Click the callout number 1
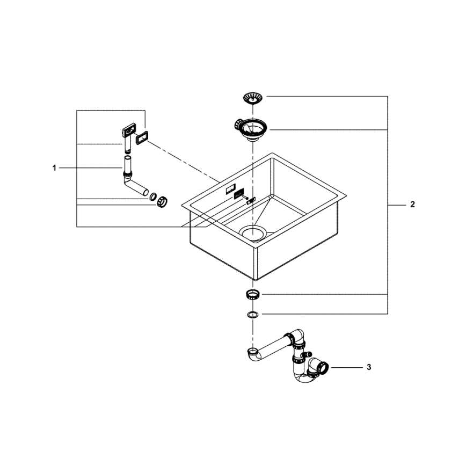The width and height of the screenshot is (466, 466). tap(54, 168)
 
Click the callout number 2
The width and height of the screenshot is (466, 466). tap(412, 205)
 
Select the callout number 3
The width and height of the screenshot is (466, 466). tap(369, 368)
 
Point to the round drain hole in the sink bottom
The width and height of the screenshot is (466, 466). tap(253, 232)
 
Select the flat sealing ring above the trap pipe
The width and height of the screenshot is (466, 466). tap(252, 314)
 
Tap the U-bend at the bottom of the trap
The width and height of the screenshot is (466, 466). tap(304, 379)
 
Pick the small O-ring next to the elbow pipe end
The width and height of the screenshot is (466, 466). tap(152, 196)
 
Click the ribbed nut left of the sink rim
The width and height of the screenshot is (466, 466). tap(162, 201)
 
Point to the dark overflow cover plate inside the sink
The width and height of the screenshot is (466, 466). tap(239, 193)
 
